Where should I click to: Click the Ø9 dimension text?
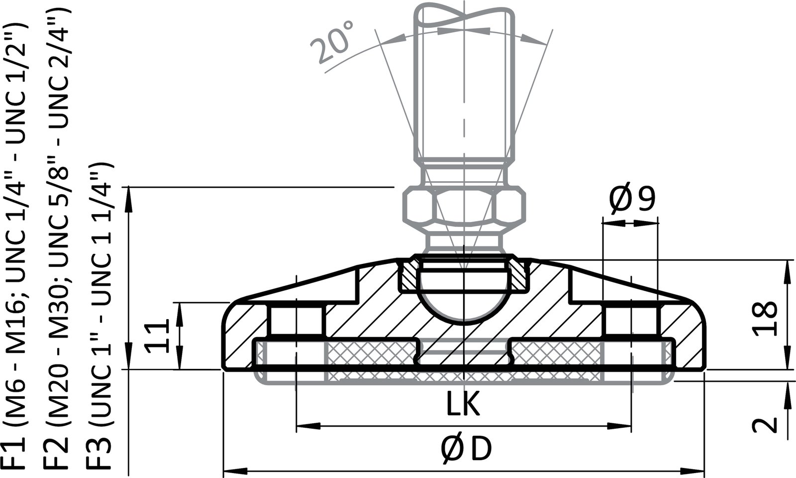[632, 200]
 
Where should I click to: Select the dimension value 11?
[159, 337]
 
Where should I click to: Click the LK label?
[463, 404]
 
